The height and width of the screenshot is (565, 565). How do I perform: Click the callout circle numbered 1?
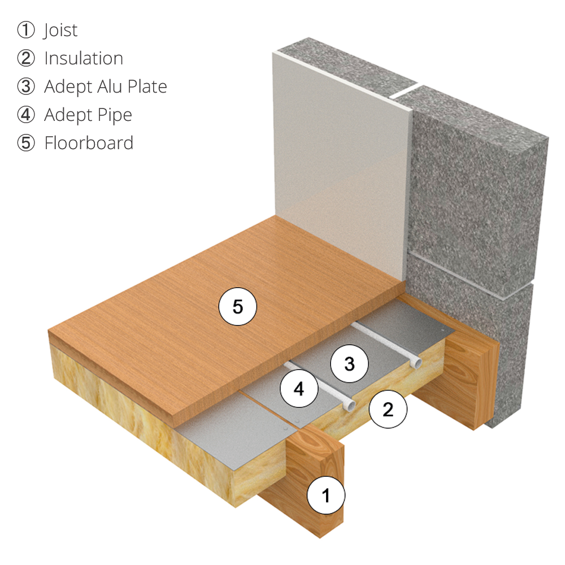pos(325,496)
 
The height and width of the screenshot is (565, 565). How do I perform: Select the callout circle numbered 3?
pos(349,364)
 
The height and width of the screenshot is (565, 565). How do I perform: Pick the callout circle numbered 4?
pos(299,389)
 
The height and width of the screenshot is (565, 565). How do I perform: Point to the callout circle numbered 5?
pos(238,307)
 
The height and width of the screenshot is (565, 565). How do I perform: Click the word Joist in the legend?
pos(60,31)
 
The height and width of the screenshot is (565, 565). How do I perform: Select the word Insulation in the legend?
pos(84,59)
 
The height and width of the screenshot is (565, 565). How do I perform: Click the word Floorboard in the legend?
pos(89,144)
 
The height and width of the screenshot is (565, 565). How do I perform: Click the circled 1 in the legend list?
pos(26,31)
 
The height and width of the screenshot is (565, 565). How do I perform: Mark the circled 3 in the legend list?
pos(26,87)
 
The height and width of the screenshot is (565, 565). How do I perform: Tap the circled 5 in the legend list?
pos(26,144)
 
